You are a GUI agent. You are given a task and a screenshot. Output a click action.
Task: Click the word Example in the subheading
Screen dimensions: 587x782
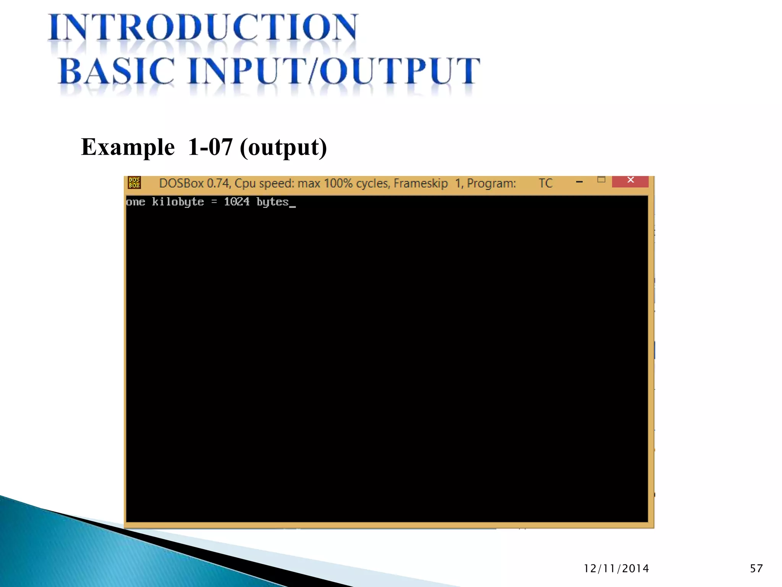[x=128, y=147]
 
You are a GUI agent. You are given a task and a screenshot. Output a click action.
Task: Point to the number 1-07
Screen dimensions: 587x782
[x=210, y=147]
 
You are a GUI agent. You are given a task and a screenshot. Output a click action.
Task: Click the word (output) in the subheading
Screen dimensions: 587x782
[x=283, y=148]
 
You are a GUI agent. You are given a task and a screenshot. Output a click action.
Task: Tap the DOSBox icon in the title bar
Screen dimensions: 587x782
[x=134, y=183]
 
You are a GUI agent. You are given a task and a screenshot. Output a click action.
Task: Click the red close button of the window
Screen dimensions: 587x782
[x=630, y=181]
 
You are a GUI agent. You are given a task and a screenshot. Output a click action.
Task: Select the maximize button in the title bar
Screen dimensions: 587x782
[x=601, y=180]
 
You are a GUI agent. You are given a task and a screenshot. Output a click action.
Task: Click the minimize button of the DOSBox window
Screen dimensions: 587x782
[x=579, y=182]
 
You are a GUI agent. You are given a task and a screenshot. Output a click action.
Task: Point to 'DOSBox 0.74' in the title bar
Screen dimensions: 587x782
[x=195, y=183]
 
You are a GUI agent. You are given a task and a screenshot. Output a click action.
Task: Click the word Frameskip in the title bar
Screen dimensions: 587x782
[x=420, y=183]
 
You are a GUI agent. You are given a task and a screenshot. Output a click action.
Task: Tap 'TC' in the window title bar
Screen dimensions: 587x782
[x=546, y=183]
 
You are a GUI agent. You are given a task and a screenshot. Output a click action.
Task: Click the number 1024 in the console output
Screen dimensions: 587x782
[x=236, y=202]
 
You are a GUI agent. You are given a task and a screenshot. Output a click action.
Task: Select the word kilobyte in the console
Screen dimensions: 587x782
[x=178, y=202]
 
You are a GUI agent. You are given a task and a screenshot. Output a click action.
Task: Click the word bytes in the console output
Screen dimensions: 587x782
[x=272, y=202]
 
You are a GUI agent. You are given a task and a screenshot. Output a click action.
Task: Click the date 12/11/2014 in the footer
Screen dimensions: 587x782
[x=616, y=569]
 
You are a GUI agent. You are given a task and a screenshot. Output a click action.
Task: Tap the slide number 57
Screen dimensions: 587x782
[x=756, y=569]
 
